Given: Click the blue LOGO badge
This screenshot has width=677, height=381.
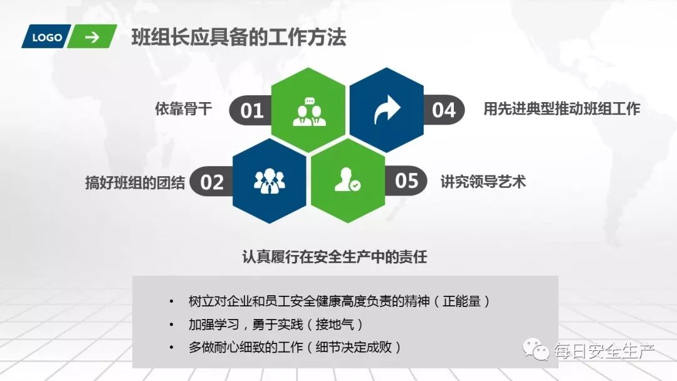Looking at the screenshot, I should (x=46, y=38).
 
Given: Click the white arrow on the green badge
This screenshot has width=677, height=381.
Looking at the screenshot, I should (x=92, y=38).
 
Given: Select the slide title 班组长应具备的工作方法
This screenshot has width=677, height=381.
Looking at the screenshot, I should (x=238, y=38).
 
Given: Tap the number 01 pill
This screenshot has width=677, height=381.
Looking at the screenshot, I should (x=251, y=111).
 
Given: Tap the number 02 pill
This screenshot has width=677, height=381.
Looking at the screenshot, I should (x=211, y=182).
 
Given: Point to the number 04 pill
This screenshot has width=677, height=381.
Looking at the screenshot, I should (x=444, y=110).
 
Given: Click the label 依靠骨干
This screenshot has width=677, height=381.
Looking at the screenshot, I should (x=184, y=109).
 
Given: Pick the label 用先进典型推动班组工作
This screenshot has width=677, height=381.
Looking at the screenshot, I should (x=562, y=109).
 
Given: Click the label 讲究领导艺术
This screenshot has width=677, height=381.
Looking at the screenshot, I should (x=483, y=182).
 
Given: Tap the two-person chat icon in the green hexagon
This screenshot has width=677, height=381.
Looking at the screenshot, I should (x=308, y=111).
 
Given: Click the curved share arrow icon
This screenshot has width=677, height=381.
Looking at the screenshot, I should (x=387, y=110).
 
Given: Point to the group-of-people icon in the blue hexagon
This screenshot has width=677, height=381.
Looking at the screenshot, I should (x=270, y=181).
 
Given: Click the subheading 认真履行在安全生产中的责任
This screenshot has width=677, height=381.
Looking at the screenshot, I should (x=334, y=257).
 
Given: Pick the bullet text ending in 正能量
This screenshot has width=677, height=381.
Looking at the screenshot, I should (x=338, y=301).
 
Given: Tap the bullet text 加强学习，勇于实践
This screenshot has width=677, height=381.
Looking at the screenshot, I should (x=276, y=324).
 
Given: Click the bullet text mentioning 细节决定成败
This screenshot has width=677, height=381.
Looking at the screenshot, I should (x=295, y=347).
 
